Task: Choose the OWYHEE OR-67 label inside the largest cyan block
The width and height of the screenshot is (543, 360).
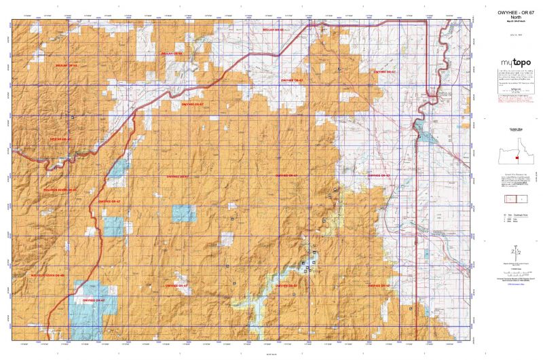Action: coord(93,300)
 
